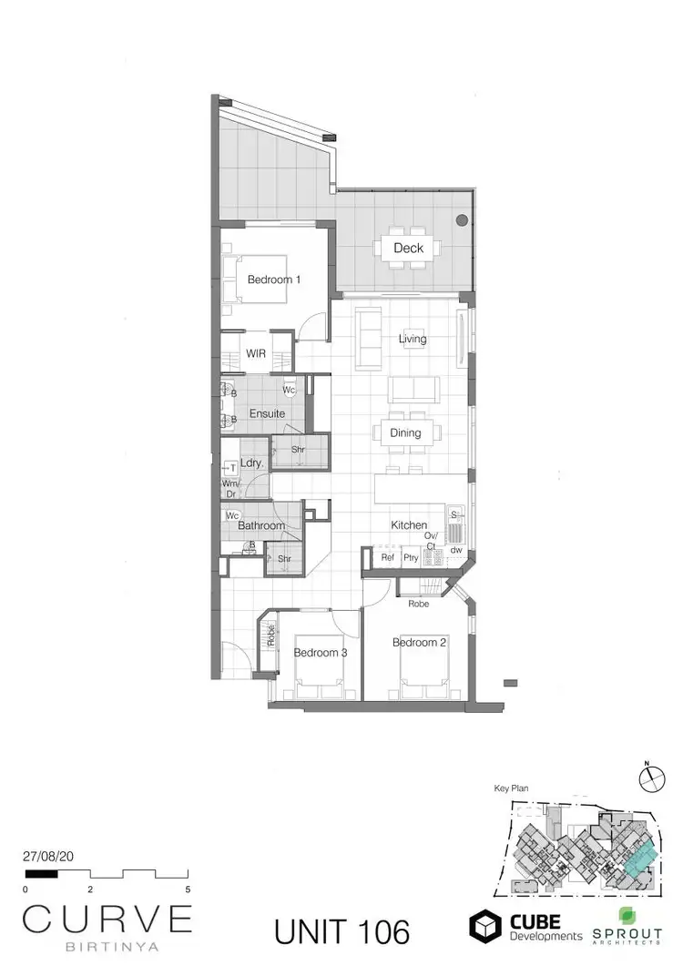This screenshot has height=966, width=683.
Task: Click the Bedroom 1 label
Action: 274,280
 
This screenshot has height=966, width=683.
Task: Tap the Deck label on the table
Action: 408,248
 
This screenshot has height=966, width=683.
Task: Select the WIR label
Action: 256,353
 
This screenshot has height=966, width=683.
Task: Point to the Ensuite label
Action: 268,413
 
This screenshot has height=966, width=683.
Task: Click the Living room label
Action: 413,339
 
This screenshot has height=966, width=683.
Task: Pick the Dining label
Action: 406,432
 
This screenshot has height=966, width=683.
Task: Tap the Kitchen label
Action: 409,525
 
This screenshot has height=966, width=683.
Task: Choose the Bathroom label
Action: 261,525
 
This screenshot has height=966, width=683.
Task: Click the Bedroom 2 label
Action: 419,643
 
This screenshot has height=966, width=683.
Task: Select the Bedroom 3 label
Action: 321,652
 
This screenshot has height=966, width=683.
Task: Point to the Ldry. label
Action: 251,463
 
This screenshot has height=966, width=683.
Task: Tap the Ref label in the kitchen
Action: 387,558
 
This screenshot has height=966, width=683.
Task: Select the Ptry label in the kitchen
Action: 411,558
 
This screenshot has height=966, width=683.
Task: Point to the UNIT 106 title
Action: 341,931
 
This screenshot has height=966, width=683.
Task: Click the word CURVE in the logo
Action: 107,918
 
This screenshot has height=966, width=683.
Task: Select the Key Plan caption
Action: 511,789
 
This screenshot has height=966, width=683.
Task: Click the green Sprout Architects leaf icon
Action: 627,916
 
